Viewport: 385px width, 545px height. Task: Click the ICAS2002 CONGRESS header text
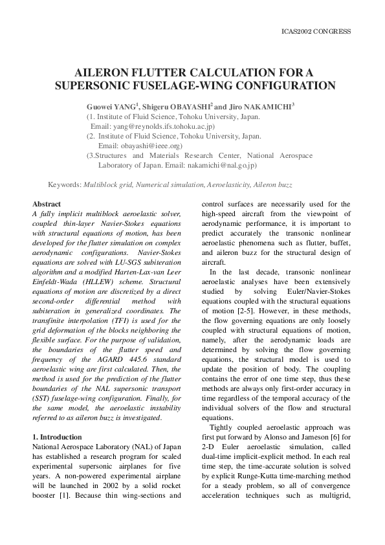click(317, 31)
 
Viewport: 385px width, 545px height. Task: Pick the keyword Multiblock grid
click(107, 185)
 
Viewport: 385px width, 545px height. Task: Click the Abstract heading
click(47, 203)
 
